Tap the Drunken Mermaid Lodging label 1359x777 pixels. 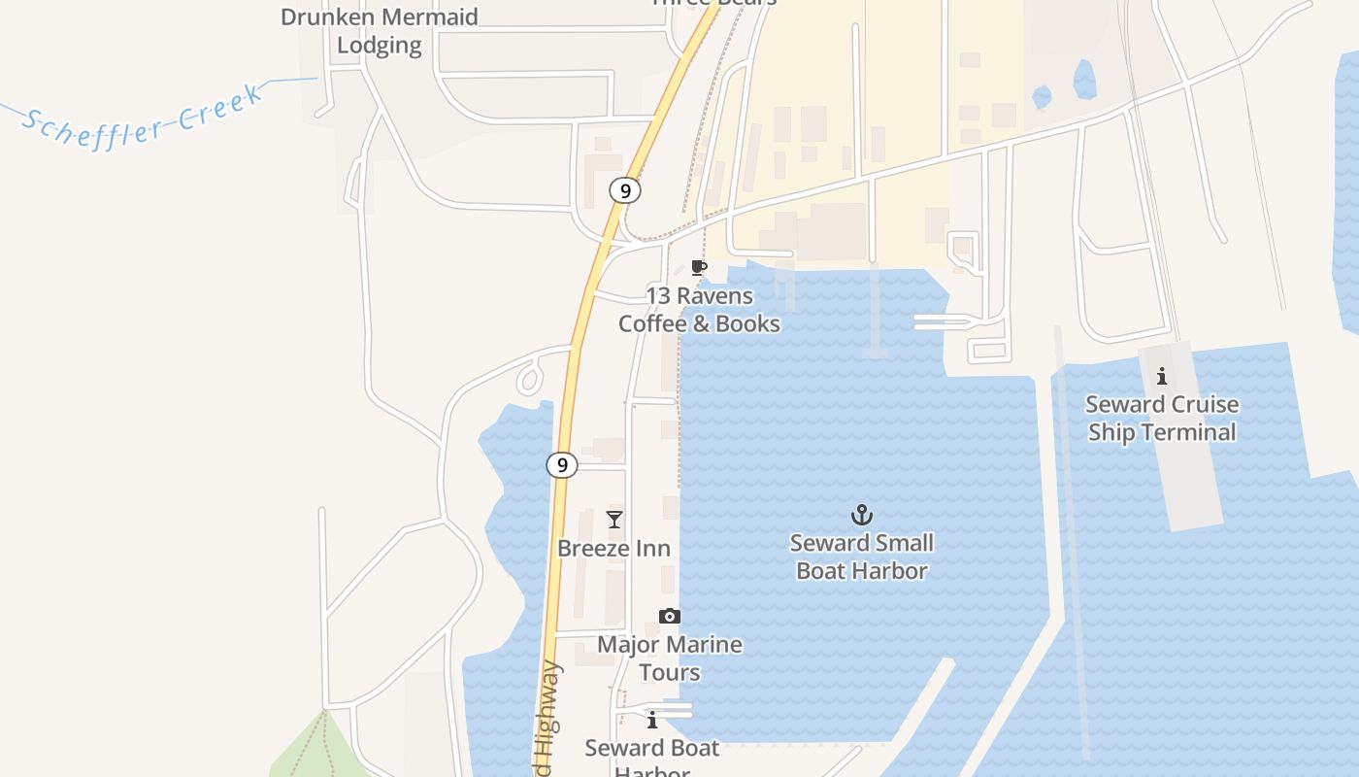click(x=380, y=31)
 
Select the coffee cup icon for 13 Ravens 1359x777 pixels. click(x=698, y=267)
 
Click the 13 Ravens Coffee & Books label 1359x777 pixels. click(x=699, y=310)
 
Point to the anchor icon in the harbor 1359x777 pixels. click(x=861, y=514)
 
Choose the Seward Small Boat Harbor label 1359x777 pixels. click(x=862, y=557)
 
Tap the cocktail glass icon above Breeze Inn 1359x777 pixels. click(x=614, y=520)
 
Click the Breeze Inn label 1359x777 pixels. click(x=613, y=549)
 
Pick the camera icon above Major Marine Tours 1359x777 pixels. click(x=670, y=616)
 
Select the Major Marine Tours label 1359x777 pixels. click(x=670, y=659)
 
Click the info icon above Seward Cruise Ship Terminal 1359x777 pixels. click(x=1162, y=376)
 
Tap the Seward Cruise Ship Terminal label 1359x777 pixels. click(x=1162, y=419)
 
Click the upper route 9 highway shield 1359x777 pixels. click(x=625, y=190)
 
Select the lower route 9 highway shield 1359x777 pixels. click(x=562, y=465)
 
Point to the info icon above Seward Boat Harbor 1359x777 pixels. click(x=652, y=720)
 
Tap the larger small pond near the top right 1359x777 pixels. click(x=1084, y=80)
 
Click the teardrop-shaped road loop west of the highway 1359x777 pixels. click(x=529, y=377)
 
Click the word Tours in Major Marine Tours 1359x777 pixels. click(x=670, y=672)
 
